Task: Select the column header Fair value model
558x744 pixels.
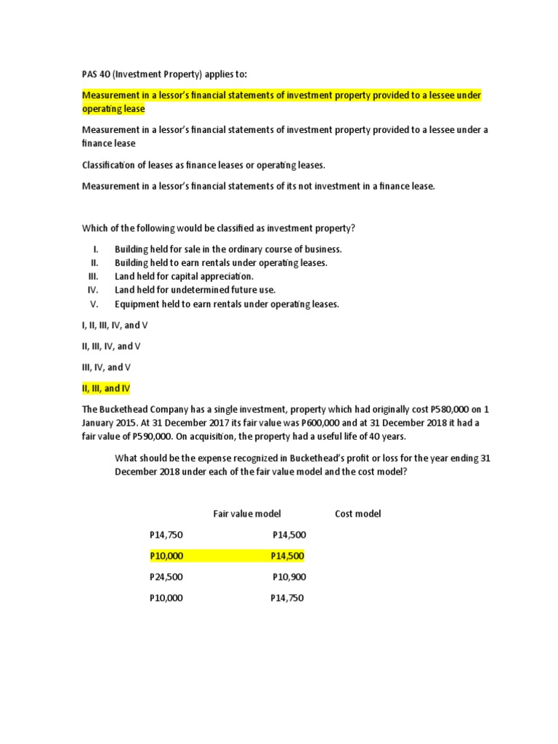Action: (246, 514)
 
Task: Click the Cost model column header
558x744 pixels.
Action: (357, 514)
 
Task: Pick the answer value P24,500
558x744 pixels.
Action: (166, 577)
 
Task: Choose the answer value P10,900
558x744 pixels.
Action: (289, 577)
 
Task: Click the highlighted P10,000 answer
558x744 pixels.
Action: (166, 556)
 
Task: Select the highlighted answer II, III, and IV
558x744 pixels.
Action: (105, 389)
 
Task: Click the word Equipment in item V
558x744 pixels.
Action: (136, 304)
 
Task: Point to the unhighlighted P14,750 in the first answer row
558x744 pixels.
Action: (166, 535)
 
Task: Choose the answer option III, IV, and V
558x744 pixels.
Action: (106, 367)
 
